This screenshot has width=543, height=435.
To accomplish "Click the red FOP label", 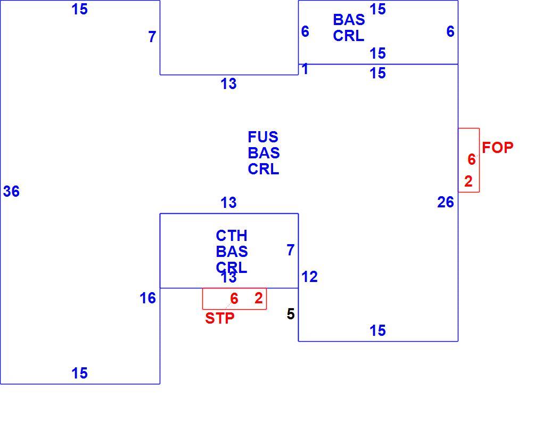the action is pyautogui.click(x=497, y=148).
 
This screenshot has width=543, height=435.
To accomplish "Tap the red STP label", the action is pyautogui.click(x=219, y=318).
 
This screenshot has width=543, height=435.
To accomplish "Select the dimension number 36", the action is pyautogui.click(x=11, y=191).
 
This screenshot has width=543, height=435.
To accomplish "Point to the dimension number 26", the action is pyautogui.click(x=446, y=202).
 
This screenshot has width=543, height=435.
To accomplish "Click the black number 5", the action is pyautogui.click(x=291, y=315).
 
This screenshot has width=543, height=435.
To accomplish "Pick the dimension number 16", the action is pyautogui.click(x=147, y=299).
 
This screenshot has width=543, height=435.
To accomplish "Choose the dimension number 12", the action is pyautogui.click(x=309, y=277).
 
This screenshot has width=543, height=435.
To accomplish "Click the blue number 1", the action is pyautogui.click(x=305, y=69).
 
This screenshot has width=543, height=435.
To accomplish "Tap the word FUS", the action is pyautogui.click(x=263, y=137).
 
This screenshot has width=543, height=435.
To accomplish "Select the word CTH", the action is pyautogui.click(x=232, y=236).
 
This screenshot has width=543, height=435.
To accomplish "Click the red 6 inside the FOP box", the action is pyautogui.click(x=471, y=159).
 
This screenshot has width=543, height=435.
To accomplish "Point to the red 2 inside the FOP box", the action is pyautogui.click(x=468, y=181).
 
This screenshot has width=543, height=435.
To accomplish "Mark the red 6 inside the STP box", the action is pyautogui.click(x=234, y=299).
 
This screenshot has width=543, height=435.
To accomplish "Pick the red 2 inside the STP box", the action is pyautogui.click(x=258, y=299).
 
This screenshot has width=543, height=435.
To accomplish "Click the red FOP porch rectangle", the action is pyautogui.click(x=479, y=160).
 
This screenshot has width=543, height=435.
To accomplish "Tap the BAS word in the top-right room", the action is pyautogui.click(x=349, y=20).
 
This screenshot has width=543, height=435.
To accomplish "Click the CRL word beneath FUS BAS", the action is pyautogui.click(x=263, y=170).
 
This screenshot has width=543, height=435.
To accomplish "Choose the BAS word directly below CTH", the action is pyautogui.click(x=232, y=252).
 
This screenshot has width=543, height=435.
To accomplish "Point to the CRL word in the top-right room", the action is pyautogui.click(x=348, y=36).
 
